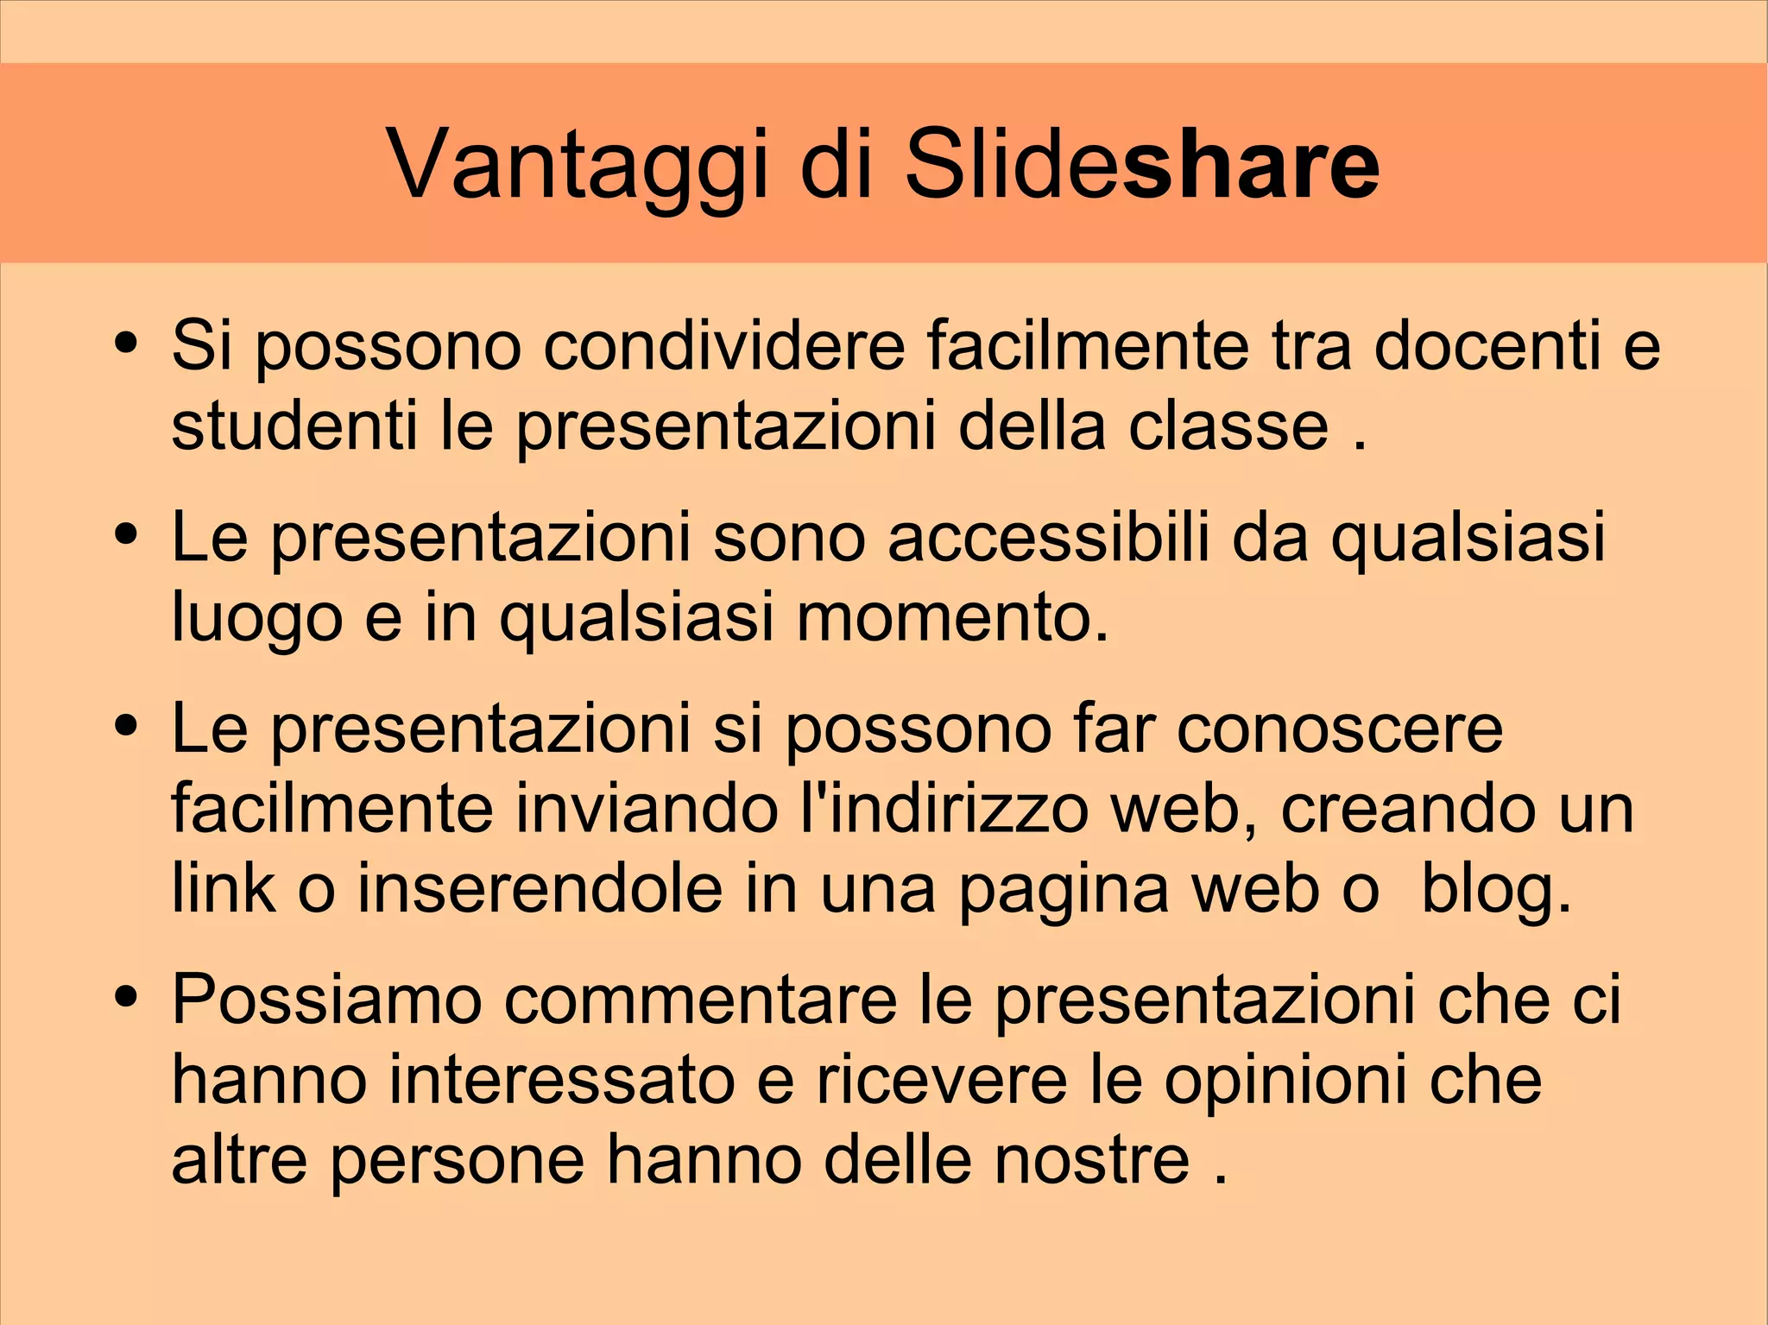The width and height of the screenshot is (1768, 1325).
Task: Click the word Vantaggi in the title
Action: point(577,164)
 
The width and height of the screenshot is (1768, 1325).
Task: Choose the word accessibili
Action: point(1049,537)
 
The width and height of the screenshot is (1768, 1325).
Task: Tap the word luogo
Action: point(257,618)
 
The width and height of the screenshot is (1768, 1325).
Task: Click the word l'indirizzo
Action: point(944,810)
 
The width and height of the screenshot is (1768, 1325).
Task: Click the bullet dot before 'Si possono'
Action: point(126,340)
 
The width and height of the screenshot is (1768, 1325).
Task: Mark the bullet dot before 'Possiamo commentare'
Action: point(126,995)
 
